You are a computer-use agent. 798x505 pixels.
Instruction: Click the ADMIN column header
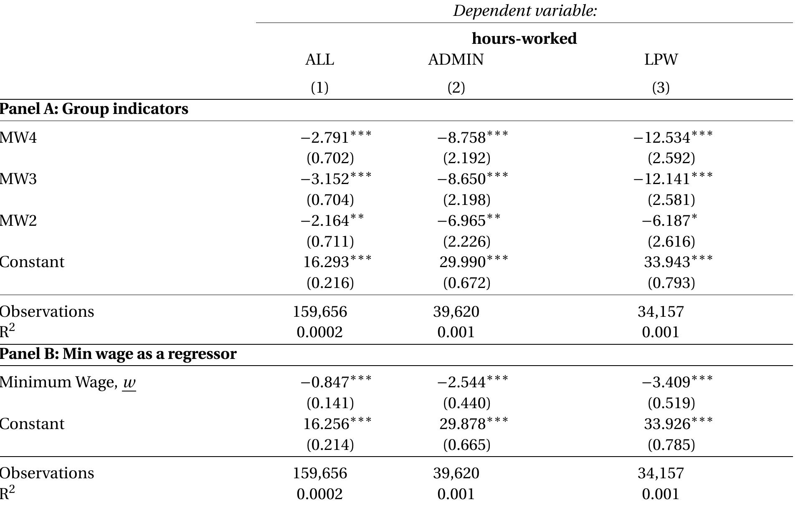pos(456,60)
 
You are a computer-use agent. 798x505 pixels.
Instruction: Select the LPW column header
pos(661,60)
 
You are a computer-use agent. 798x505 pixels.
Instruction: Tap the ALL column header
pos(319,60)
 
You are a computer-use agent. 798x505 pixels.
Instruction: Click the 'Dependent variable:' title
pos(525,11)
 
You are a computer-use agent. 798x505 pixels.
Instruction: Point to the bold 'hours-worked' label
pos(524,38)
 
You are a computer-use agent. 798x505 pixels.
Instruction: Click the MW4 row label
pos(18,137)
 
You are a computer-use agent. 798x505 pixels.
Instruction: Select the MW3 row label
pos(18,179)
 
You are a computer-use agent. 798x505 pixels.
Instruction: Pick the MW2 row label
pos(18,220)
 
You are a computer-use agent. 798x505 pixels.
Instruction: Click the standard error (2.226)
pos(466,241)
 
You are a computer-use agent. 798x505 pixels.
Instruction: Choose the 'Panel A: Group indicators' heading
pos(94,109)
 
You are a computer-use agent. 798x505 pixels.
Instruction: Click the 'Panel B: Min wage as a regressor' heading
pos(118,354)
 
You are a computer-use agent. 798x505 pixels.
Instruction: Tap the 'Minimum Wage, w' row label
pos(68,382)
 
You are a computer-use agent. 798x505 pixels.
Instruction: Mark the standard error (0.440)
pos(466,403)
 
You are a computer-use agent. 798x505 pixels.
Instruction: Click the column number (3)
pos(661,88)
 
